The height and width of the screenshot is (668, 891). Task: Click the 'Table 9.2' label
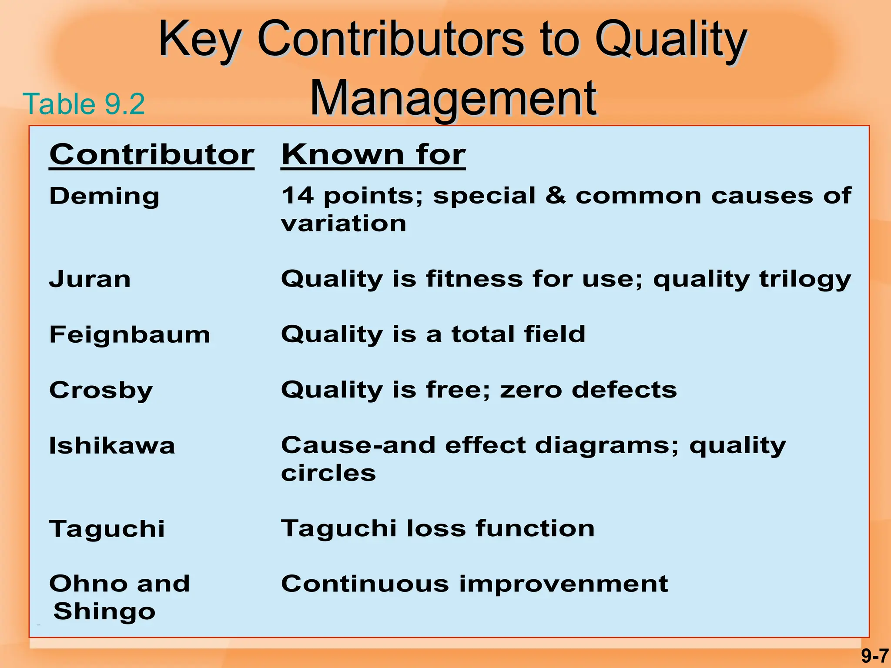point(84,104)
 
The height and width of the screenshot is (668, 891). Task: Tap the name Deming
point(104,196)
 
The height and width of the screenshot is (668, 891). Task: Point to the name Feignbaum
point(130,335)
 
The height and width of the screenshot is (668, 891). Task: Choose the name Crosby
point(101,390)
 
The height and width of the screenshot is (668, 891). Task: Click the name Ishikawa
point(112,446)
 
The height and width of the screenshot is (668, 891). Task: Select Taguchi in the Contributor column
point(107,529)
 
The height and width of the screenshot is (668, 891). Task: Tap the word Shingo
point(104,611)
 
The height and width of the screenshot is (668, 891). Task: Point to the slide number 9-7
point(874,656)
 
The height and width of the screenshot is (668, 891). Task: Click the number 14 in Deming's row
point(297,196)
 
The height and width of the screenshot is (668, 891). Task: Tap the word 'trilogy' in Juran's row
point(805,279)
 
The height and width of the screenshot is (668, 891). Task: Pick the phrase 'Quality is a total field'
point(433,334)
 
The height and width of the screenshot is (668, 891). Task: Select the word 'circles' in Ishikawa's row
point(328,473)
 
